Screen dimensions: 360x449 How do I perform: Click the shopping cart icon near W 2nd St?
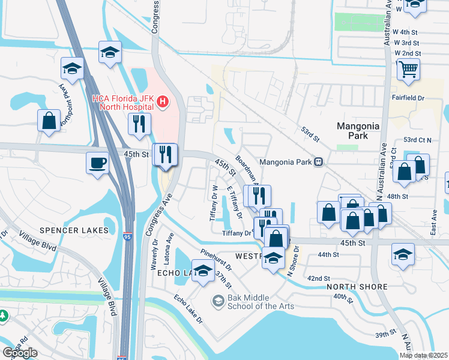[x=408, y=69]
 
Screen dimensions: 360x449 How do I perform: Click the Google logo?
[x=20, y=353]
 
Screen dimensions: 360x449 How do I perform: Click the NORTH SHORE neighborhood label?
[x=355, y=287]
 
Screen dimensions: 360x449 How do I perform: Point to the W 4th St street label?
[x=405, y=32]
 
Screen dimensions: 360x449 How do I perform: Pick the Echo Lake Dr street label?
[x=188, y=309]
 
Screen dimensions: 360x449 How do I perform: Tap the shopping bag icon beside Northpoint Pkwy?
[x=49, y=121]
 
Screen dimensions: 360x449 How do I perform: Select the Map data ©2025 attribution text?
[x=424, y=355]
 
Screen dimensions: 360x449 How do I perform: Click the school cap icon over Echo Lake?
[x=203, y=271]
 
